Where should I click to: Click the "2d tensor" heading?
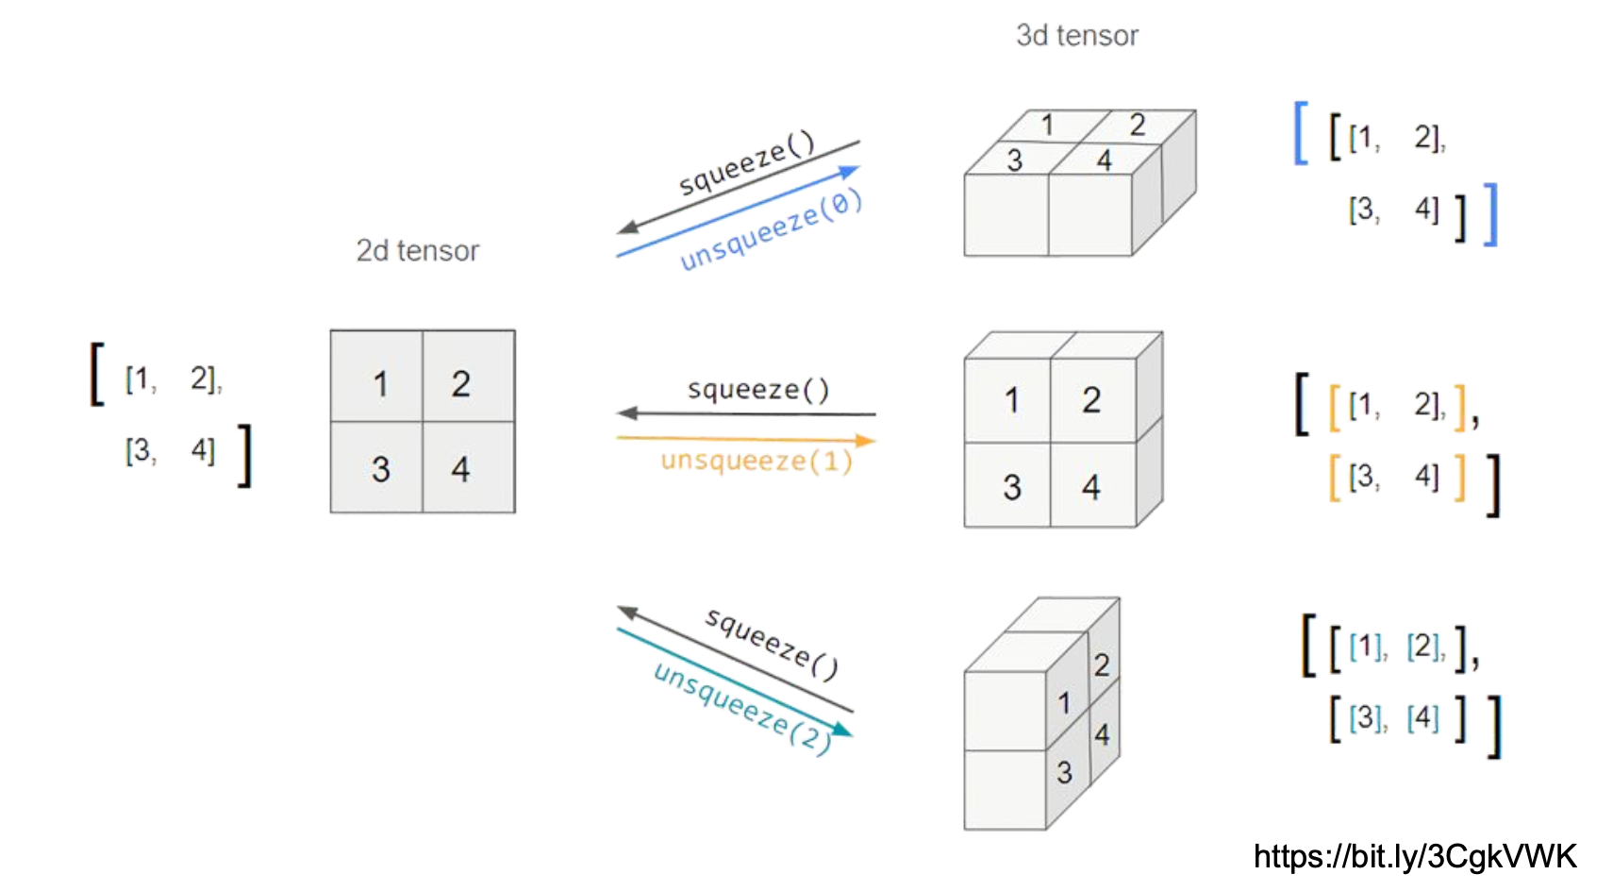click(417, 250)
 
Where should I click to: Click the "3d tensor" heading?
click(1076, 35)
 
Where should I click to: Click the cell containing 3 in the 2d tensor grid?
click(377, 467)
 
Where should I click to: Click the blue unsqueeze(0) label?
click(771, 231)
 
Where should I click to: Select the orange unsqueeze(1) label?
click(757, 461)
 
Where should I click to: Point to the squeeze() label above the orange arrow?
click(758, 389)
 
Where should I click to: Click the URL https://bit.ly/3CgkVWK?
click(1415, 856)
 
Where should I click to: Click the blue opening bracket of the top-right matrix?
click(1301, 133)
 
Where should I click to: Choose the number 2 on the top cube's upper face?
click(1137, 125)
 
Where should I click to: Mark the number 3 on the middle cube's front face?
click(1011, 487)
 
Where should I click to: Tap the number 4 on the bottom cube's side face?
click(1102, 734)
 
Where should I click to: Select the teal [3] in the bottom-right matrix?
click(1367, 718)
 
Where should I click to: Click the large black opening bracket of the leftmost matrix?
click(96, 374)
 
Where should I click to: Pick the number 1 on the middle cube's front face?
click(1011, 400)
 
